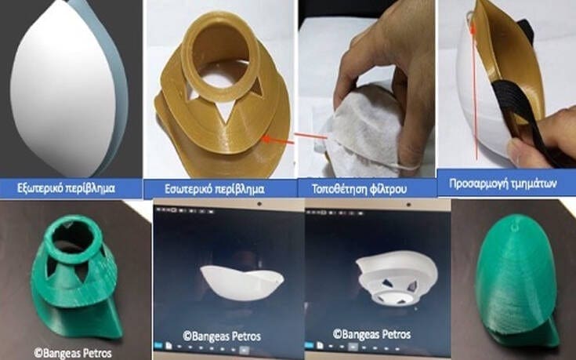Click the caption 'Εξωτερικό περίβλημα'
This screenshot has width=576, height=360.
[66, 188]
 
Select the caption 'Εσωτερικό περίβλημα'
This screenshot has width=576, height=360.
[214, 189]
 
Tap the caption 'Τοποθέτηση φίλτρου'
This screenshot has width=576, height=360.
[359, 189]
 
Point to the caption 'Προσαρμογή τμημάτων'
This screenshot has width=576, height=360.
[503, 183]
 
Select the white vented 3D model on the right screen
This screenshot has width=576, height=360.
[397, 278]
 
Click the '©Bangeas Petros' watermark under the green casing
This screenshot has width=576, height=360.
[73, 354]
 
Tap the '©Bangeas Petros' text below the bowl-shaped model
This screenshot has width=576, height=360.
[222, 336]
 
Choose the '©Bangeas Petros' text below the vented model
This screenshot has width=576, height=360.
[371, 334]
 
